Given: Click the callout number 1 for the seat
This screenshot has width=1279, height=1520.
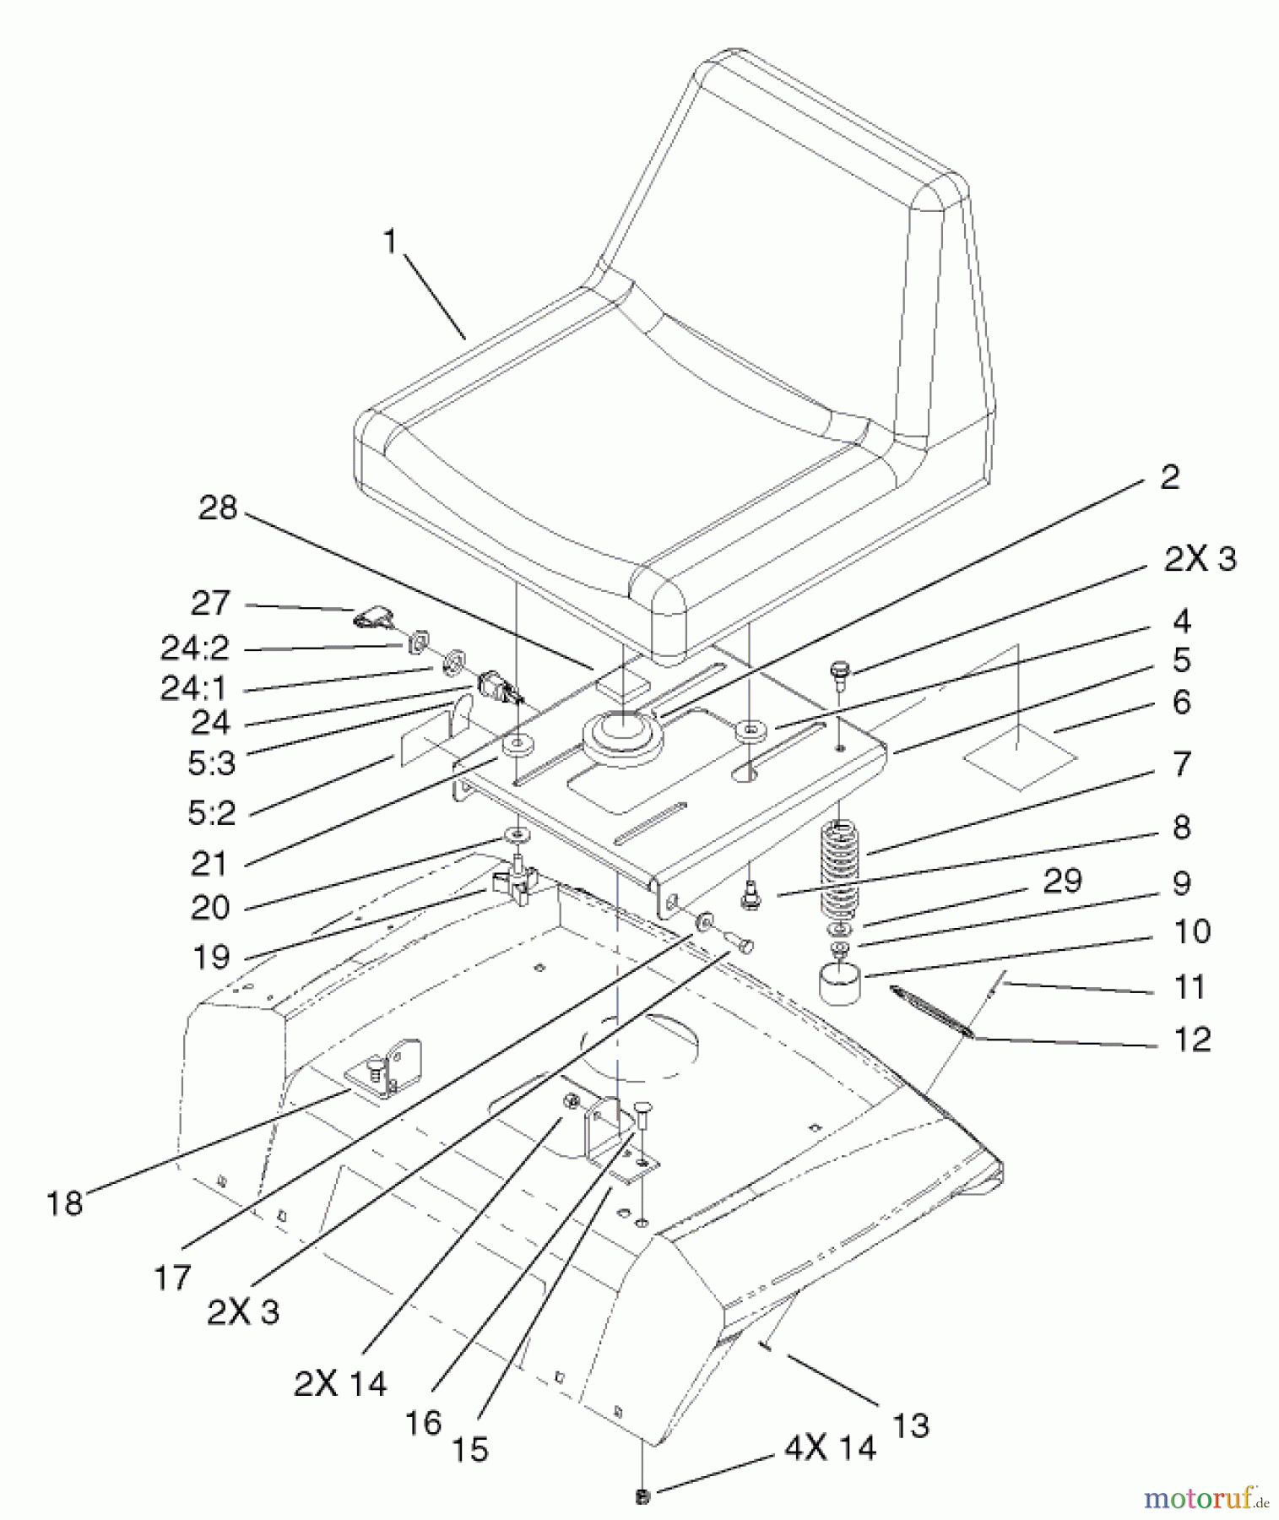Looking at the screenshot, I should pos(389,242).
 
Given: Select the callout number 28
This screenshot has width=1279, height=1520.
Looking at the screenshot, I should pos(218,508).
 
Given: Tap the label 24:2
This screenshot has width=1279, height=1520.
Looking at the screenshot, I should pos(195,648).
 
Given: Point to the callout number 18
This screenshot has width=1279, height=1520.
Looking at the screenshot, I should pos(65,1203).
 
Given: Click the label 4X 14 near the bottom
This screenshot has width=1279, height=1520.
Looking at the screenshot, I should pos(831,1448).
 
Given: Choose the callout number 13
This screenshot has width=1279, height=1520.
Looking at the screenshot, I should pos(910,1426).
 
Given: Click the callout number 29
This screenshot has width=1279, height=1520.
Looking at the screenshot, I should pos(1062,881).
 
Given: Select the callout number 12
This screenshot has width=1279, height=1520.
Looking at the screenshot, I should pos(1192,1039).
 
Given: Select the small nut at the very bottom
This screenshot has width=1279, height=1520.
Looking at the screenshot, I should pos(642,1497).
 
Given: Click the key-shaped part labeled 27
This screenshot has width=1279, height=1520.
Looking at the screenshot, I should pos(373,619).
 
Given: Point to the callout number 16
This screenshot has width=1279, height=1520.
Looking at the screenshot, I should pos(423,1423).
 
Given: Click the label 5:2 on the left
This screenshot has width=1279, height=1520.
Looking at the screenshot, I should pos(211,813).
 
